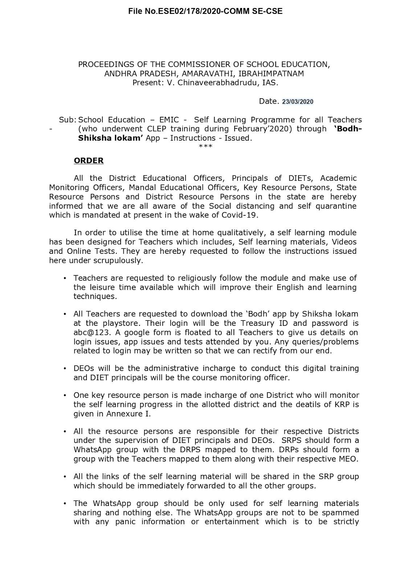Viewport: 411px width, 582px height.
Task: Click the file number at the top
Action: pyautogui.click(x=205, y=11)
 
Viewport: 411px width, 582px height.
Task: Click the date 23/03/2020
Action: pyautogui.click(x=297, y=102)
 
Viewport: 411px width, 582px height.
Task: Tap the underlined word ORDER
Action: pyautogui.click(x=89, y=160)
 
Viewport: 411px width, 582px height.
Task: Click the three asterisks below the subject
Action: pyautogui.click(x=206, y=147)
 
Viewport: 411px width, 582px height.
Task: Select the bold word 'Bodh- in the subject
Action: pyautogui.click(x=347, y=129)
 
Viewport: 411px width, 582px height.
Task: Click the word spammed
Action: pyautogui.click(x=342, y=513)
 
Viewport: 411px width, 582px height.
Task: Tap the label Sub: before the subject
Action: pyautogui.click(x=68, y=120)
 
